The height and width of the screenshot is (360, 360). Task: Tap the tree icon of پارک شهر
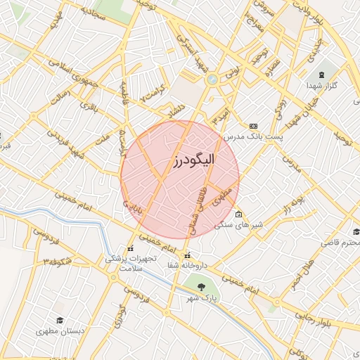[202, 286]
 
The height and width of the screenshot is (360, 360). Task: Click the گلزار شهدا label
[322, 85]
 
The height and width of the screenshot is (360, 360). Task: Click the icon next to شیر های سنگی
[239, 214]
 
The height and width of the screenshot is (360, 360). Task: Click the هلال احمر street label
[299, 274]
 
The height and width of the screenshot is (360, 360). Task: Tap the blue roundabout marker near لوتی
[212, 79]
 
